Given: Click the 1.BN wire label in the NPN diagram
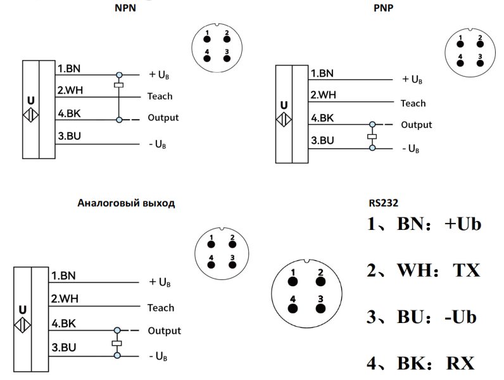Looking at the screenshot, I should pos(70,68).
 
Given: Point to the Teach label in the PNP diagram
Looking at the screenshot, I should pos(413,103).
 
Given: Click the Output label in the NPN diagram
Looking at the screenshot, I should pos(163,118).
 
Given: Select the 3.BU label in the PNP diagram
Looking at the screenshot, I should pos(322,141).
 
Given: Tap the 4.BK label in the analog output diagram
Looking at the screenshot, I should pos(64,324).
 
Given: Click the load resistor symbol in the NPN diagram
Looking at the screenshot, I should pos(118,84).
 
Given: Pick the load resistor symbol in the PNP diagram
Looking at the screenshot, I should pos(372,136).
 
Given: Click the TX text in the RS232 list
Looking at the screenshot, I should pos(466,270).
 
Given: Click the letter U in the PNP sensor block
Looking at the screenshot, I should pos(284,105).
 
